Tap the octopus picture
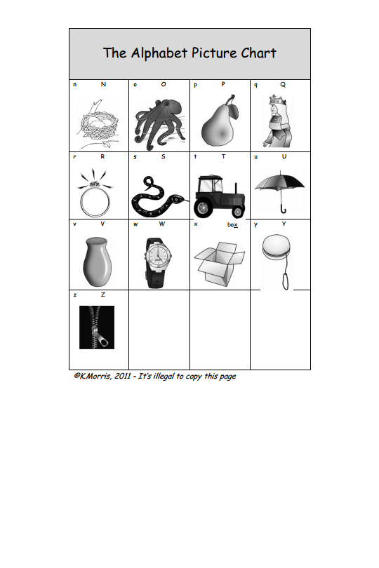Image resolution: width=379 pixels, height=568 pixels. (x=159, y=124)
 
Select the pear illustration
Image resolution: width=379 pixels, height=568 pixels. (x=219, y=122)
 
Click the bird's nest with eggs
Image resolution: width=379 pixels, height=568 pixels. (x=99, y=126)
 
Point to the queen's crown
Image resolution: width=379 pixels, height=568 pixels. (x=277, y=100)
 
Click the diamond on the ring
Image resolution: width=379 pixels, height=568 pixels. (x=95, y=184)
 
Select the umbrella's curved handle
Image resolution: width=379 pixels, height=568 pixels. (x=283, y=209)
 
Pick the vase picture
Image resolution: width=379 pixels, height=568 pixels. (x=97, y=262)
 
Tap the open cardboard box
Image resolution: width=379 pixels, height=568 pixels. (x=219, y=264)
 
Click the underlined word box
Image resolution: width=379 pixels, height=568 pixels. (x=232, y=224)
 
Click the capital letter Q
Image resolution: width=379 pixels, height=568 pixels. (x=283, y=85)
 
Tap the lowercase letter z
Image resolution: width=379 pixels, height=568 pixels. (x=74, y=295)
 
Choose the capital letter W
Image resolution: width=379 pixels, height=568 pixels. (x=161, y=224)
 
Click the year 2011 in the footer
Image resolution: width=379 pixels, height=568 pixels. (x=122, y=376)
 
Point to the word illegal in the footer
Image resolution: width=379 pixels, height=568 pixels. (x=164, y=377)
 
